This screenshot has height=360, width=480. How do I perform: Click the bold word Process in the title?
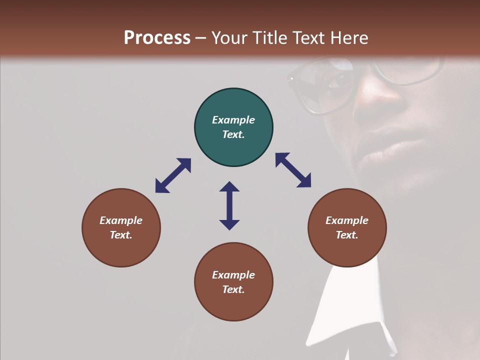click(x=157, y=38)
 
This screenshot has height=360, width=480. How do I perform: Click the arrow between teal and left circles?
click(x=173, y=175)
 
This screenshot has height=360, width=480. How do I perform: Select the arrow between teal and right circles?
click(x=293, y=170)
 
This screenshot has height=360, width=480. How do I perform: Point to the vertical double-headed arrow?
click(x=229, y=205)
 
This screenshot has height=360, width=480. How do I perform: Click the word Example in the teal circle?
click(x=233, y=120)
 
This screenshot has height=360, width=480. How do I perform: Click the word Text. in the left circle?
click(x=121, y=235)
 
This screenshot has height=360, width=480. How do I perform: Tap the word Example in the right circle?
click(x=347, y=220)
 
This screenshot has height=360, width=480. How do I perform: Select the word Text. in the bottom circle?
click(x=233, y=289)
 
